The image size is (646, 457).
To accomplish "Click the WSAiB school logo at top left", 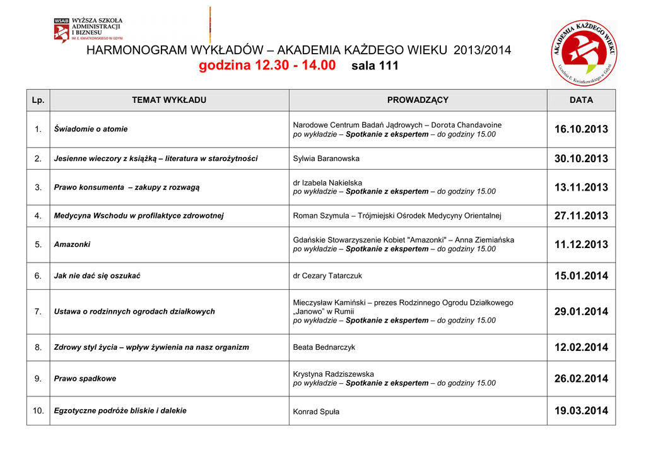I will click(88, 30).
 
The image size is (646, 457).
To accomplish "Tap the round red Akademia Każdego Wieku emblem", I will click(584, 54).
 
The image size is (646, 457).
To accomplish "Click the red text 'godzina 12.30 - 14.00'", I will click(267, 66).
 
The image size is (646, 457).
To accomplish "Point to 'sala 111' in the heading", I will click(374, 66).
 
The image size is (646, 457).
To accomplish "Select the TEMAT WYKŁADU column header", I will click(169, 100).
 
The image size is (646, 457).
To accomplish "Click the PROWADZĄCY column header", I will click(418, 100).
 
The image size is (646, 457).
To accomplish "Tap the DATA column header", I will click(581, 100).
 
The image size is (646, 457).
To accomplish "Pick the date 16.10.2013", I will click(581, 129).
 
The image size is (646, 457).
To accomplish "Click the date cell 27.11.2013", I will click(581, 216).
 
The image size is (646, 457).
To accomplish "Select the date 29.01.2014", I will click(581, 312).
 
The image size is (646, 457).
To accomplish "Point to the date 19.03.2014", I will click(581, 411).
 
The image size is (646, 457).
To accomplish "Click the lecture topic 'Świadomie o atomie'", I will click(91, 129).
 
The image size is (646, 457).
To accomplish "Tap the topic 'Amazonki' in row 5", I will click(72, 244).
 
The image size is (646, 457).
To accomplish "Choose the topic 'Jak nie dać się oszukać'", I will click(97, 276).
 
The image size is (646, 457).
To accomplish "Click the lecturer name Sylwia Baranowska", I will click(326, 158).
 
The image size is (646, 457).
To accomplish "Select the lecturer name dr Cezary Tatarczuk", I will click(327, 276).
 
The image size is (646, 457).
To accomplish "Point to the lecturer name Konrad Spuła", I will click(316, 412).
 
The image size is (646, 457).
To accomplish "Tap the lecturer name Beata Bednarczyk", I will click(324, 347).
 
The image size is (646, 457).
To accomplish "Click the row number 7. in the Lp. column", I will click(38, 312).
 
